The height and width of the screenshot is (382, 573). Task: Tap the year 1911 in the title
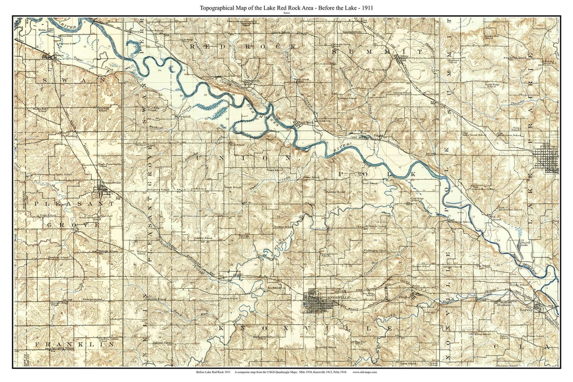pos(367,8)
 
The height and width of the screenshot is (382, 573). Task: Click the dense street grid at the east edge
pos(546,159)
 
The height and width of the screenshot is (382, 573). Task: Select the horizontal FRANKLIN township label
pos(74,344)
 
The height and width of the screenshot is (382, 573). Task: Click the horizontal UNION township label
pos(242,158)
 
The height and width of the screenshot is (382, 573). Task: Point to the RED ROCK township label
pos(244,47)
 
